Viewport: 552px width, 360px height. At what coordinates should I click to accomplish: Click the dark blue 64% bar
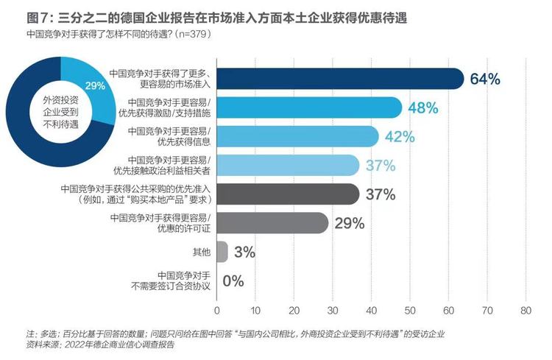[x=340, y=79]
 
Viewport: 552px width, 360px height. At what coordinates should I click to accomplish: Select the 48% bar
[x=309, y=107]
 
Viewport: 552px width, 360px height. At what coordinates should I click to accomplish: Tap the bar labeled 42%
[x=297, y=136]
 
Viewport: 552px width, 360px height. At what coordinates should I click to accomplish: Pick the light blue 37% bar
[x=288, y=165]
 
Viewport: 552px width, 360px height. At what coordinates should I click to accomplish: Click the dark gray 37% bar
[x=288, y=194]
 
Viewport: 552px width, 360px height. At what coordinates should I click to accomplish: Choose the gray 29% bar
[x=272, y=223]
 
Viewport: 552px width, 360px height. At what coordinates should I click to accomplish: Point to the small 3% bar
[x=222, y=252]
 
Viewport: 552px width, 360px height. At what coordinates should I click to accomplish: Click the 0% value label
[x=233, y=281]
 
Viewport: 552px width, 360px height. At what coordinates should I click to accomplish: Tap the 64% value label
[x=485, y=79]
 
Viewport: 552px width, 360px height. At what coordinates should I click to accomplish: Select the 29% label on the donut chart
[x=95, y=85]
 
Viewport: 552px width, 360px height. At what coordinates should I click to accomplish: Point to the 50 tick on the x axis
[x=410, y=311]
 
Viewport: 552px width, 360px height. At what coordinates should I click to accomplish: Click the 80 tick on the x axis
[x=526, y=311]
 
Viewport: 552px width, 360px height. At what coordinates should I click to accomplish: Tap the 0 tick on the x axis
[x=217, y=311]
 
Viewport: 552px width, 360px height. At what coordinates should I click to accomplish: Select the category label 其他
[x=202, y=253]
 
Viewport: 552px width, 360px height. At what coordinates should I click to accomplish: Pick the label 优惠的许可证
[x=184, y=229]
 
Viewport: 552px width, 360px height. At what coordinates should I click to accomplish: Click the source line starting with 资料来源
[x=100, y=345]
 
